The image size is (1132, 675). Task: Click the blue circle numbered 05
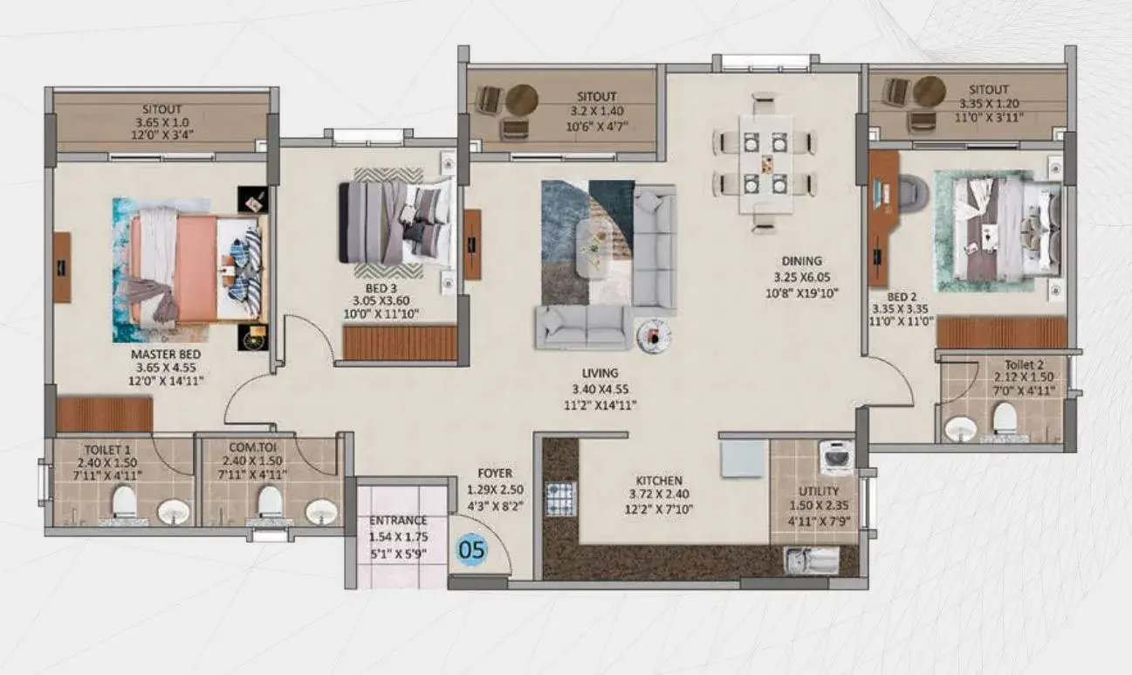pos(471,549)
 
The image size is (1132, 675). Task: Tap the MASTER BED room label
pos(166,355)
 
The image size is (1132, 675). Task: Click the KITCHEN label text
pos(659,480)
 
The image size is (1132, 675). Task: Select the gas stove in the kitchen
pos(560,498)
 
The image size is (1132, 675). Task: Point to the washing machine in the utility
pos(836,458)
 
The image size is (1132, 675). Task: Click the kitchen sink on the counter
pos(812,561)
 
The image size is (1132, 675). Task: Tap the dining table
pos(765,165)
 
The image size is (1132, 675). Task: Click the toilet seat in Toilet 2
pos(1005,418)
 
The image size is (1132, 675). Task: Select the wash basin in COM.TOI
pos(321,512)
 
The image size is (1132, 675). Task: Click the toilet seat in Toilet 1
pos(124,501)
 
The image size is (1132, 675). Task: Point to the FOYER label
pos(495,473)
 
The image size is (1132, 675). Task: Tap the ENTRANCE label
pos(398,520)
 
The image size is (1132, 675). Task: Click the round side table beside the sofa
pos(654,335)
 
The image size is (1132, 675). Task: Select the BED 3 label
pos(381,289)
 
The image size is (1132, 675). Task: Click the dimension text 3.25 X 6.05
pos(802,277)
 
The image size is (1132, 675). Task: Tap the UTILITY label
pos(819,491)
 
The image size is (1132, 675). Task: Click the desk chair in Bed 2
pos(913,191)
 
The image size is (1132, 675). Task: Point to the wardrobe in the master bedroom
pos(105,415)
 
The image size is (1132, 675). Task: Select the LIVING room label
pos(600,373)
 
